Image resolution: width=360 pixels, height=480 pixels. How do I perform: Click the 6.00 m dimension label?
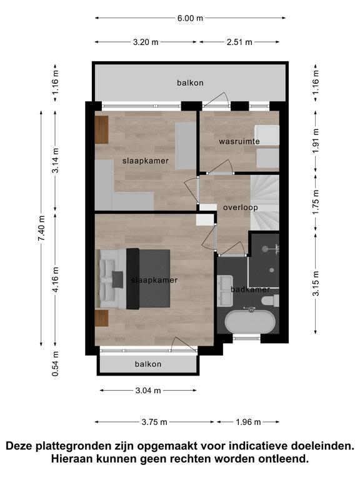coord(190,18)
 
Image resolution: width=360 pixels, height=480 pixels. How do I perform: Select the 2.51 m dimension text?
coord(239,42)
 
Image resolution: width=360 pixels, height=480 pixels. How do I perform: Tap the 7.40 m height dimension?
coord(42,228)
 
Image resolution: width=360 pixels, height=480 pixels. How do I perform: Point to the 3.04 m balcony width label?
coord(148,390)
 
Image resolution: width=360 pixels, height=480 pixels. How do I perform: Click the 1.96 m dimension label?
coord(248,422)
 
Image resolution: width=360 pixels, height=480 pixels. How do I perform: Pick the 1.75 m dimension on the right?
coord(316,202)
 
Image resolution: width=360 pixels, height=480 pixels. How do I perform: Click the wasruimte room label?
coord(239,141)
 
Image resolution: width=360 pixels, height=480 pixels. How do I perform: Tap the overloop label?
coord(240,207)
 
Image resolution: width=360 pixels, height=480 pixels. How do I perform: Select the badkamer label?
coord(251,289)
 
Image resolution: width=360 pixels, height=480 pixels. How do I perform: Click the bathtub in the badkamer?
coord(250,321)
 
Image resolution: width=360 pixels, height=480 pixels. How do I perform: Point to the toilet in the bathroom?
coord(271,300)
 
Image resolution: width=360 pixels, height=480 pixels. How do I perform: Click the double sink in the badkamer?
coord(225,291)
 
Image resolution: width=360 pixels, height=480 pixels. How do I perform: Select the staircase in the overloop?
coord(265,202)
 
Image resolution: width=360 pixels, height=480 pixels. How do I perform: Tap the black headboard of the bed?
coord(133,279)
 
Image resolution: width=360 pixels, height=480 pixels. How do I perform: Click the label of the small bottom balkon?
coord(148,364)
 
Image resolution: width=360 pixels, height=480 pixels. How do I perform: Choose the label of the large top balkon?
coord(190,82)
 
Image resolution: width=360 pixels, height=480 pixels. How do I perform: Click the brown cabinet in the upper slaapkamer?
coord(102,129)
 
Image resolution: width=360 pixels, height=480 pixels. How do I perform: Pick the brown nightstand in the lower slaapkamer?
coord(102,318)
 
